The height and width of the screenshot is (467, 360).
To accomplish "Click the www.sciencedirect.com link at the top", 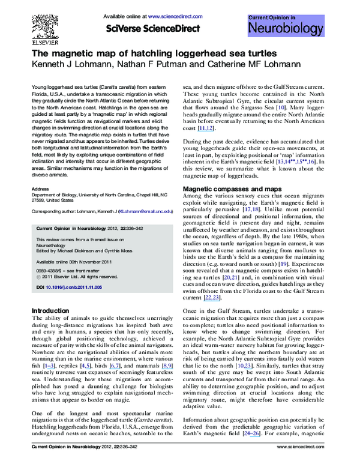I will tap(170, 15).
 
